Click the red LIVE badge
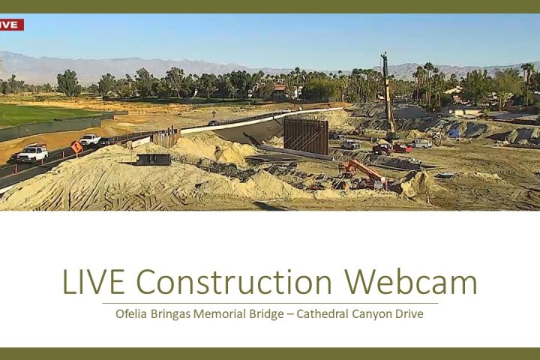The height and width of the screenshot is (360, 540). (12, 25)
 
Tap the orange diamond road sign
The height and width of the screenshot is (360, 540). (76, 147)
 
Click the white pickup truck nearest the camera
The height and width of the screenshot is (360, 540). (31, 153)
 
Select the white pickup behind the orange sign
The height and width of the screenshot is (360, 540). (90, 139)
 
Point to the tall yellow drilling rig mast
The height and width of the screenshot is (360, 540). (388, 93)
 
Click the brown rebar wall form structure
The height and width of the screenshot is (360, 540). (306, 136)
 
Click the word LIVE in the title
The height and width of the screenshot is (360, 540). (93, 282)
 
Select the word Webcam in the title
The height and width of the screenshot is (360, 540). (411, 282)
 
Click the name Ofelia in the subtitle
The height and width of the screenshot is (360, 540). (132, 313)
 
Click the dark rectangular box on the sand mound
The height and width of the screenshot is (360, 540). (153, 159)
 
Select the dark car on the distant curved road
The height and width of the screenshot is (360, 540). (214, 123)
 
